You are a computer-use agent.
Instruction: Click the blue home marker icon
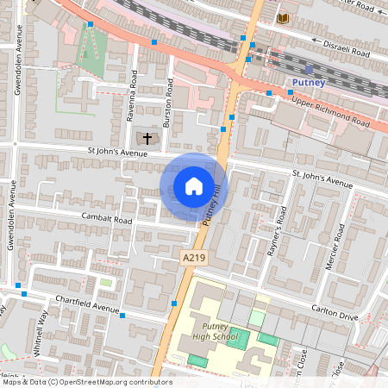point(194,186)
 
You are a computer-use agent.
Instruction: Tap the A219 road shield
point(193,258)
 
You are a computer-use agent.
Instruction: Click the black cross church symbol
point(147,137)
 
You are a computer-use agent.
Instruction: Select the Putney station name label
point(308,83)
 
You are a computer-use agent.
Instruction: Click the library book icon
point(282,17)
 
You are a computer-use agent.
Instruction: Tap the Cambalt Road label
point(107,219)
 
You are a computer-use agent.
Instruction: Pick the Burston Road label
point(169,102)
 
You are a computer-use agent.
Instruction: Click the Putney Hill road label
point(211,207)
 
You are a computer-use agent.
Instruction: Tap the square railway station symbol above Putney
point(309,68)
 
